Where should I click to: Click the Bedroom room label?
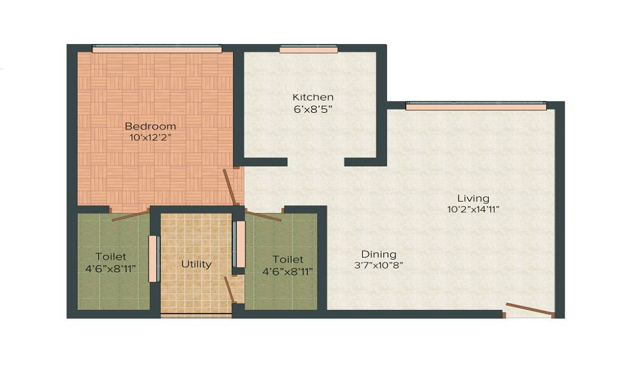click(150, 126)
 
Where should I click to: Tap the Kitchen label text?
click(313, 97)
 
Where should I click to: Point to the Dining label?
click(379, 254)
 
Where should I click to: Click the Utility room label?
click(196, 264)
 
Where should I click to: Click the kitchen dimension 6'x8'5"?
click(313, 109)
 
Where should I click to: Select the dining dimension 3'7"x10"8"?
click(379, 265)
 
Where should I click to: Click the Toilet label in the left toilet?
click(111, 257)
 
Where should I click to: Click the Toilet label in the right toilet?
click(288, 260)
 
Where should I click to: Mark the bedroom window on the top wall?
click(156, 48)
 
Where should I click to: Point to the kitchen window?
click(308, 49)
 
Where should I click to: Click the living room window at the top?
click(476, 106)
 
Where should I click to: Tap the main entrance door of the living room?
click(529, 309)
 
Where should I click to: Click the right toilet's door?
click(263, 215)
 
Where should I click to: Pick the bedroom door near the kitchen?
click(230, 187)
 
